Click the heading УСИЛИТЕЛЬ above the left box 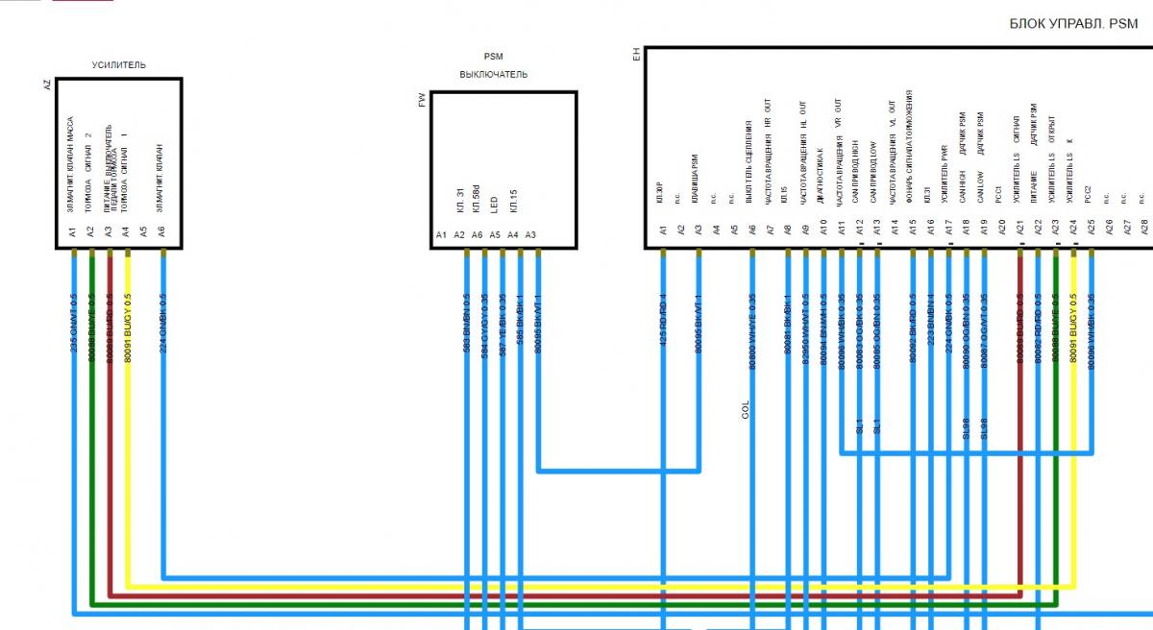118,65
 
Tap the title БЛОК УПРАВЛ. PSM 1073,24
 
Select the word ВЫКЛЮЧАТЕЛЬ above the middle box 493,75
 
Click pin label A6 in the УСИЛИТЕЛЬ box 162,230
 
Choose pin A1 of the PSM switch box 441,235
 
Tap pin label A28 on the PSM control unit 1143,229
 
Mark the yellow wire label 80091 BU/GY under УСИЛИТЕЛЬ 128,327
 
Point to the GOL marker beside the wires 745,410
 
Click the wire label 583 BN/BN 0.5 467,324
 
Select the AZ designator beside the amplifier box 47,85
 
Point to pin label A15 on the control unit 913,229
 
